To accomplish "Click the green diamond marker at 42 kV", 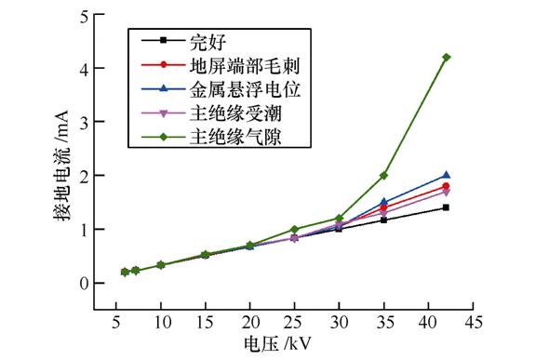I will [x=447, y=58].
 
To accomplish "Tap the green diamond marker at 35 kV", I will [x=383, y=175].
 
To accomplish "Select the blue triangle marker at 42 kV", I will [x=447, y=175].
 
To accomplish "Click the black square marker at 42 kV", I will [x=447, y=207].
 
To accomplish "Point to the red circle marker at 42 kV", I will [x=447, y=186].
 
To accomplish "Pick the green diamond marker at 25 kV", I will [x=294, y=229].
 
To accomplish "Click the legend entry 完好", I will [x=207, y=41].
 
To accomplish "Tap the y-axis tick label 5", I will [x=87, y=16].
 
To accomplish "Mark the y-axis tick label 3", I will [x=87, y=123].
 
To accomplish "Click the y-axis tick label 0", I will [x=87, y=283].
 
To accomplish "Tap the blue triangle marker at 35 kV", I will [x=383, y=202].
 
